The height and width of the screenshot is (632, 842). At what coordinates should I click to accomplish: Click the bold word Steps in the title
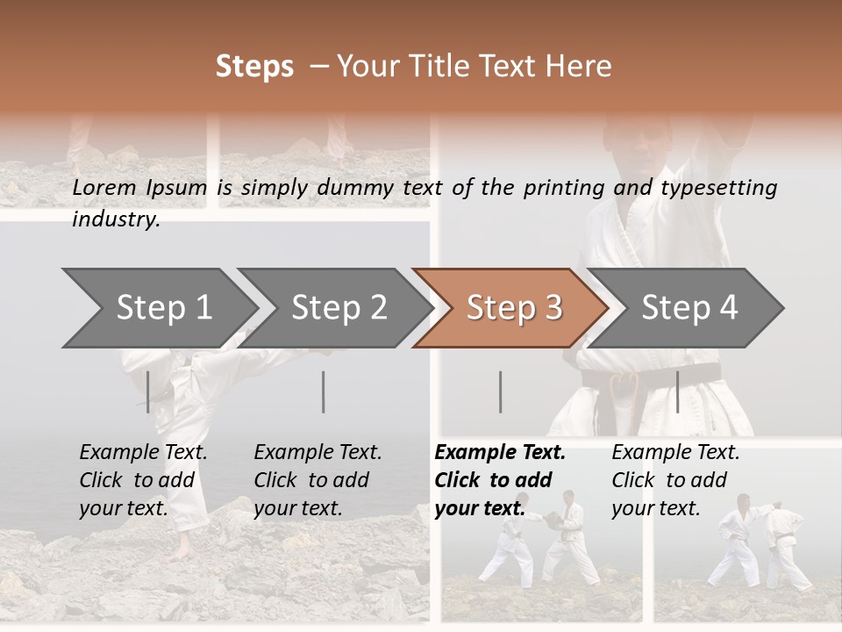(x=254, y=67)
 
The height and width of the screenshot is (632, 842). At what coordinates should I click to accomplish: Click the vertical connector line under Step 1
(x=147, y=391)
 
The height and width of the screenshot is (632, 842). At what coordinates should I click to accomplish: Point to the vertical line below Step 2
(x=324, y=391)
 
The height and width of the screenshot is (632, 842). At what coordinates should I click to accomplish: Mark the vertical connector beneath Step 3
(x=500, y=391)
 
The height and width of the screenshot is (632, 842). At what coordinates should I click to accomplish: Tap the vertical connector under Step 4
(x=677, y=391)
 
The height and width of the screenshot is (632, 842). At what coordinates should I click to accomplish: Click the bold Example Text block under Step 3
(x=500, y=480)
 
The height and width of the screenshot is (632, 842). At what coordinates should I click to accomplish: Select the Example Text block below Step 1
(x=143, y=480)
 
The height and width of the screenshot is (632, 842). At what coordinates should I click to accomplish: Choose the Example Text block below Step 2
(x=318, y=480)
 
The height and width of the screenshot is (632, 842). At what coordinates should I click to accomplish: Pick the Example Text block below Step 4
(x=675, y=480)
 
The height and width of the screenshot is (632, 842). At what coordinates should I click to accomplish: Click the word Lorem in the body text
(x=104, y=187)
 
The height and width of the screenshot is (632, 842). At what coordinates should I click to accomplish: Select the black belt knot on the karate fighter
(x=624, y=384)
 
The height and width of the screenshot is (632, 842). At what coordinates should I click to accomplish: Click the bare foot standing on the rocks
(x=179, y=552)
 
